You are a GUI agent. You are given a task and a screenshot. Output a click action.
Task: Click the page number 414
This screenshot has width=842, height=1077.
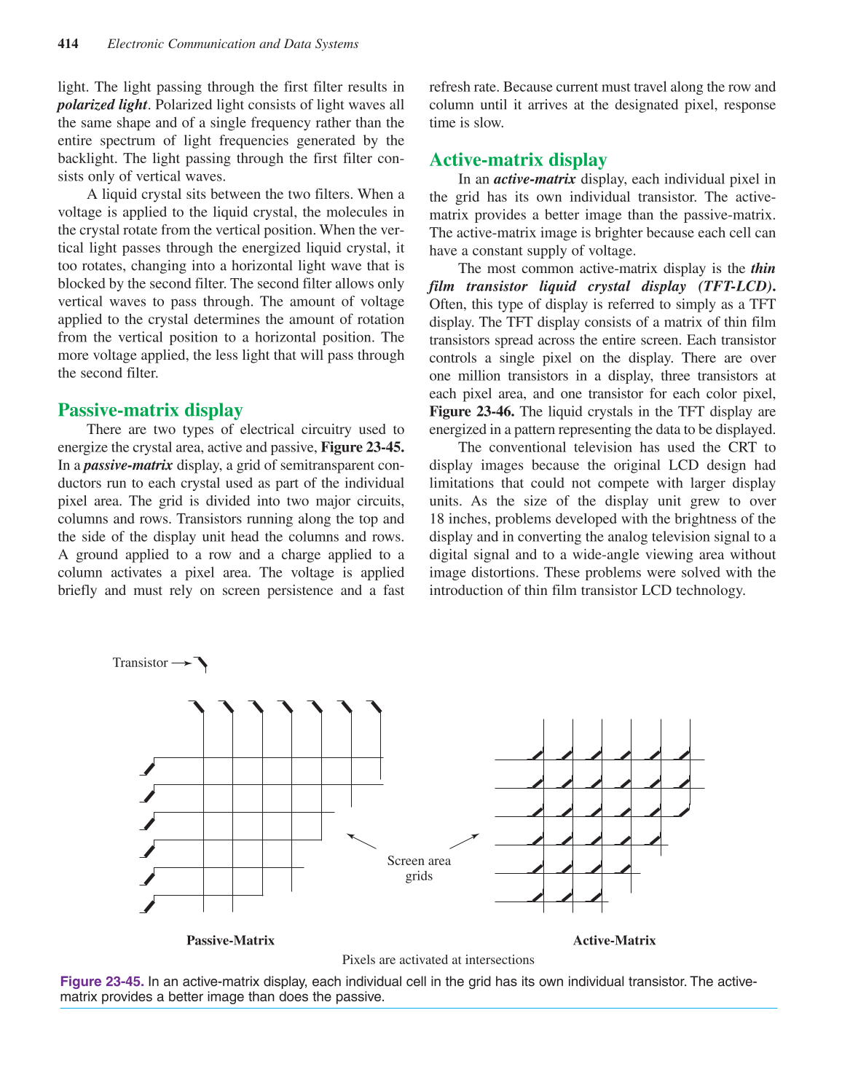pyautogui.click(x=68, y=44)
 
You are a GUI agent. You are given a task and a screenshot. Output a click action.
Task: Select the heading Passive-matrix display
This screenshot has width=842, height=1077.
pyautogui.click(x=150, y=410)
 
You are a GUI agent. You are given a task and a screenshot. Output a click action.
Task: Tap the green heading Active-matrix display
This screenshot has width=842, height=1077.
pyautogui.click(x=518, y=160)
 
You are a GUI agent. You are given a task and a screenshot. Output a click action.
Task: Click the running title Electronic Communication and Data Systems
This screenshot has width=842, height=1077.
pyautogui.click(x=232, y=44)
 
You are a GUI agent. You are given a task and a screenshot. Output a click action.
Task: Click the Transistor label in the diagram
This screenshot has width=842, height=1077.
pyautogui.click(x=140, y=663)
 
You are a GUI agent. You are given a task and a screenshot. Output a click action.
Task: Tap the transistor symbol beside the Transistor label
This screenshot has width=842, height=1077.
pyautogui.click(x=201, y=663)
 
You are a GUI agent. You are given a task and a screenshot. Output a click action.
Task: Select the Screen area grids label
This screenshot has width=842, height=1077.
pyautogui.click(x=419, y=868)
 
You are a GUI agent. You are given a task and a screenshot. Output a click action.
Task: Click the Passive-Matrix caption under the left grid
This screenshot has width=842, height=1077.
pyautogui.click(x=230, y=940)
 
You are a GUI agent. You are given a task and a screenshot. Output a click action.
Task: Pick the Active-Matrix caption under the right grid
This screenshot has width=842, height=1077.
pyautogui.click(x=614, y=940)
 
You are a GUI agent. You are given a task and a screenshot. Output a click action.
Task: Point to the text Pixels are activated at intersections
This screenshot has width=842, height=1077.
pyautogui.click(x=438, y=960)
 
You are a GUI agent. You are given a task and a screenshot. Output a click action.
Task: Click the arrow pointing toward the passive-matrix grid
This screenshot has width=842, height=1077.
pyautogui.click(x=361, y=841)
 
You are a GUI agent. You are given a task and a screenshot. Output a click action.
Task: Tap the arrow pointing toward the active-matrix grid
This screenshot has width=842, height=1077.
pyautogui.click(x=464, y=841)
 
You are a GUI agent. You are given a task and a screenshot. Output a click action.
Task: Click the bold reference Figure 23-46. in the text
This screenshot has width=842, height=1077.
pyautogui.click(x=471, y=411)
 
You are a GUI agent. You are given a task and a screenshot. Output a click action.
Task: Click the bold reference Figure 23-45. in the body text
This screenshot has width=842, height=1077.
pyautogui.click(x=362, y=447)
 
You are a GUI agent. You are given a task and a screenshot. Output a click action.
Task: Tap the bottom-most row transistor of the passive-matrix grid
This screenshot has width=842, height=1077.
pyautogui.click(x=148, y=906)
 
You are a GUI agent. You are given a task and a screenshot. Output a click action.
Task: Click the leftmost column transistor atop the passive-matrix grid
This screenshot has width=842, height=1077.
pyautogui.click(x=197, y=706)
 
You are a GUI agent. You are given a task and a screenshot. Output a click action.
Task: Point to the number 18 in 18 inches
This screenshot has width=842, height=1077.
pyautogui.click(x=436, y=519)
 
